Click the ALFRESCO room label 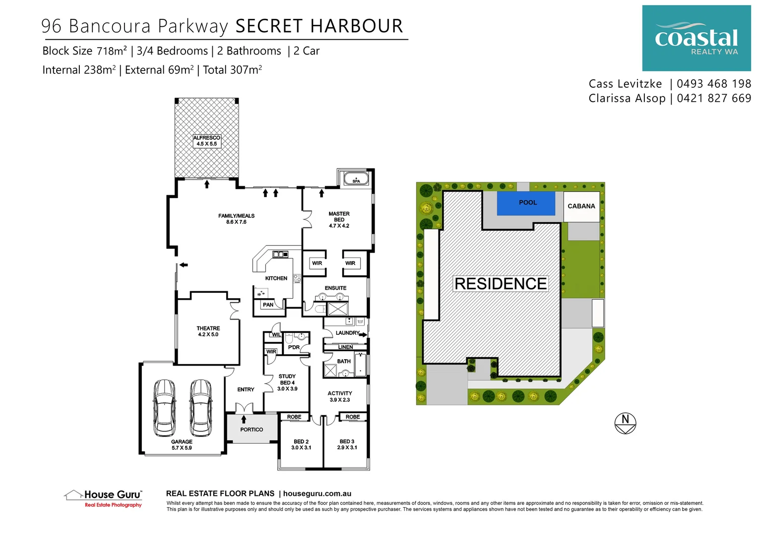pyautogui.click(x=206, y=141)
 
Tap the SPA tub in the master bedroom pyautogui.click(x=356, y=178)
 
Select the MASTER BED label pyautogui.click(x=339, y=220)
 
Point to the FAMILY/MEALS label pyautogui.click(x=236, y=219)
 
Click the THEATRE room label pyautogui.click(x=208, y=331)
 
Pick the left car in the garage pyautogui.click(x=164, y=407)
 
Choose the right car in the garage pyautogui.click(x=201, y=407)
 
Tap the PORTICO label pyautogui.click(x=252, y=429)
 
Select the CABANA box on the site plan pyautogui.click(x=581, y=206)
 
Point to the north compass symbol pyautogui.click(x=625, y=424)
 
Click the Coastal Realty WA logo pyautogui.click(x=696, y=38)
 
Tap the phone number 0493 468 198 pyautogui.click(x=714, y=84)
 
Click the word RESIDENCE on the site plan pyautogui.click(x=501, y=284)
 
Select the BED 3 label pyautogui.click(x=347, y=444)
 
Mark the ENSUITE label pyautogui.click(x=335, y=288)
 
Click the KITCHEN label pyautogui.click(x=276, y=278)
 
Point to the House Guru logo pyautogui.click(x=103, y=497)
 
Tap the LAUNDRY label pyautogui.click(x=347, y=333)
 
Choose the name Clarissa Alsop pyautogui.click(x=627, y=98)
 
